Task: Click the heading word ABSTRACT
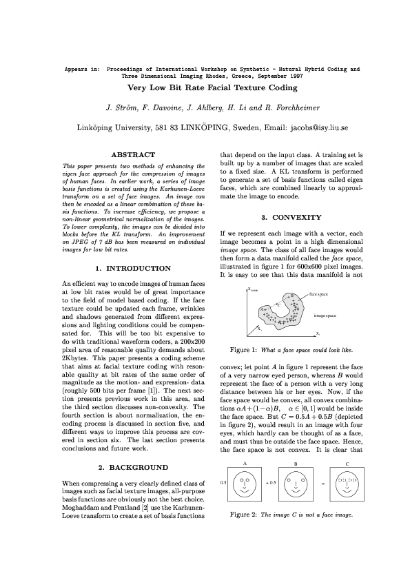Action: (134, 154)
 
